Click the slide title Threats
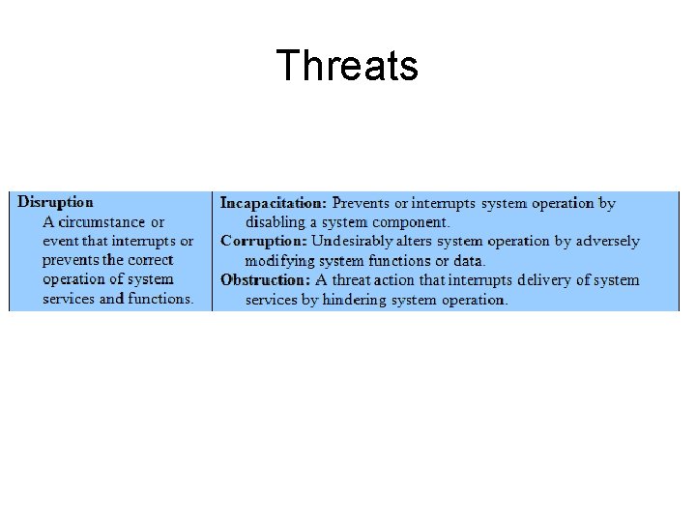pyautogui.click(x=347, y=66)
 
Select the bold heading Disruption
pyautogui.click(x=56, y=202)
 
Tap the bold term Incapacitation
pyautogui.click(x=274, y=203)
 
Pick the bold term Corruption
pyautogui.click(x=264, y=241)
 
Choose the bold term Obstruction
pyautogui.click(x=266, y=279)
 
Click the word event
pyautogui.click(x=60, y=241)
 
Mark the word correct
pyautogui.click(x=150, y=260)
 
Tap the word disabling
pyautogui.click(x=275, y=222)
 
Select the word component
pyautogui.click(x=411, y=222)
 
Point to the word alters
pyautogui.click(x=416, y=241)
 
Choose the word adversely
pyautogui.click(x=605, y=241)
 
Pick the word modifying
pyautogui.click(x=280, y=261)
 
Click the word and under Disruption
pyautogui.click(x=112, y=299)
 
